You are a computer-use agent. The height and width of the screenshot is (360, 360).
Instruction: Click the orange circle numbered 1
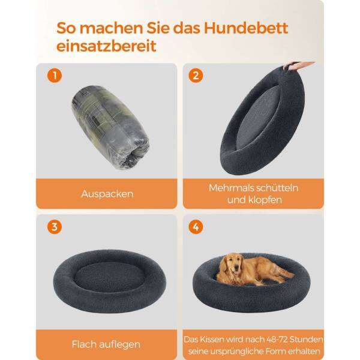55,76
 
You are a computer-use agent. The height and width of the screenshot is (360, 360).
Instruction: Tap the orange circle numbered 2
196,76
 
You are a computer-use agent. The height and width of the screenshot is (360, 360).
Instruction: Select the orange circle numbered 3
55,227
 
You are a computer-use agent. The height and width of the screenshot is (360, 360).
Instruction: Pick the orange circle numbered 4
196,227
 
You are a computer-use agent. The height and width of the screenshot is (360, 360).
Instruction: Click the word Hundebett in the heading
245,28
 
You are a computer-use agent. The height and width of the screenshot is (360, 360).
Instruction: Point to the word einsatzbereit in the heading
106,46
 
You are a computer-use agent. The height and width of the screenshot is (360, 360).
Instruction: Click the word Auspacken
107,194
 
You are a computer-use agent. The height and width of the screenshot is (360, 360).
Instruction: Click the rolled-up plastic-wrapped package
110,127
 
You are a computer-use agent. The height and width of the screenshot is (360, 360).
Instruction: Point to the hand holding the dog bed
298,65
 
